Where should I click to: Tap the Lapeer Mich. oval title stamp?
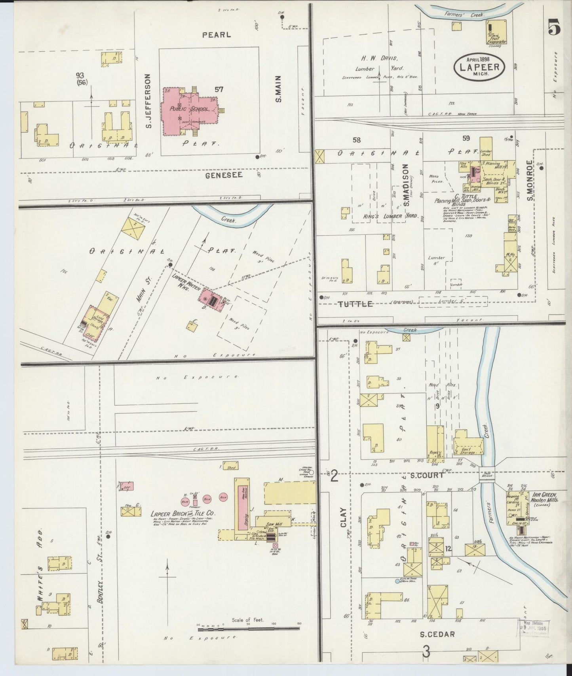(479, 66)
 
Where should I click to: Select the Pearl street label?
(216, 35)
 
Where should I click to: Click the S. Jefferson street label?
(149, 101)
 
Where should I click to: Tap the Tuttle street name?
(355, 304)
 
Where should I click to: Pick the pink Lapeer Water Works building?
(210, 299)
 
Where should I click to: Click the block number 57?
(219, 89)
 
